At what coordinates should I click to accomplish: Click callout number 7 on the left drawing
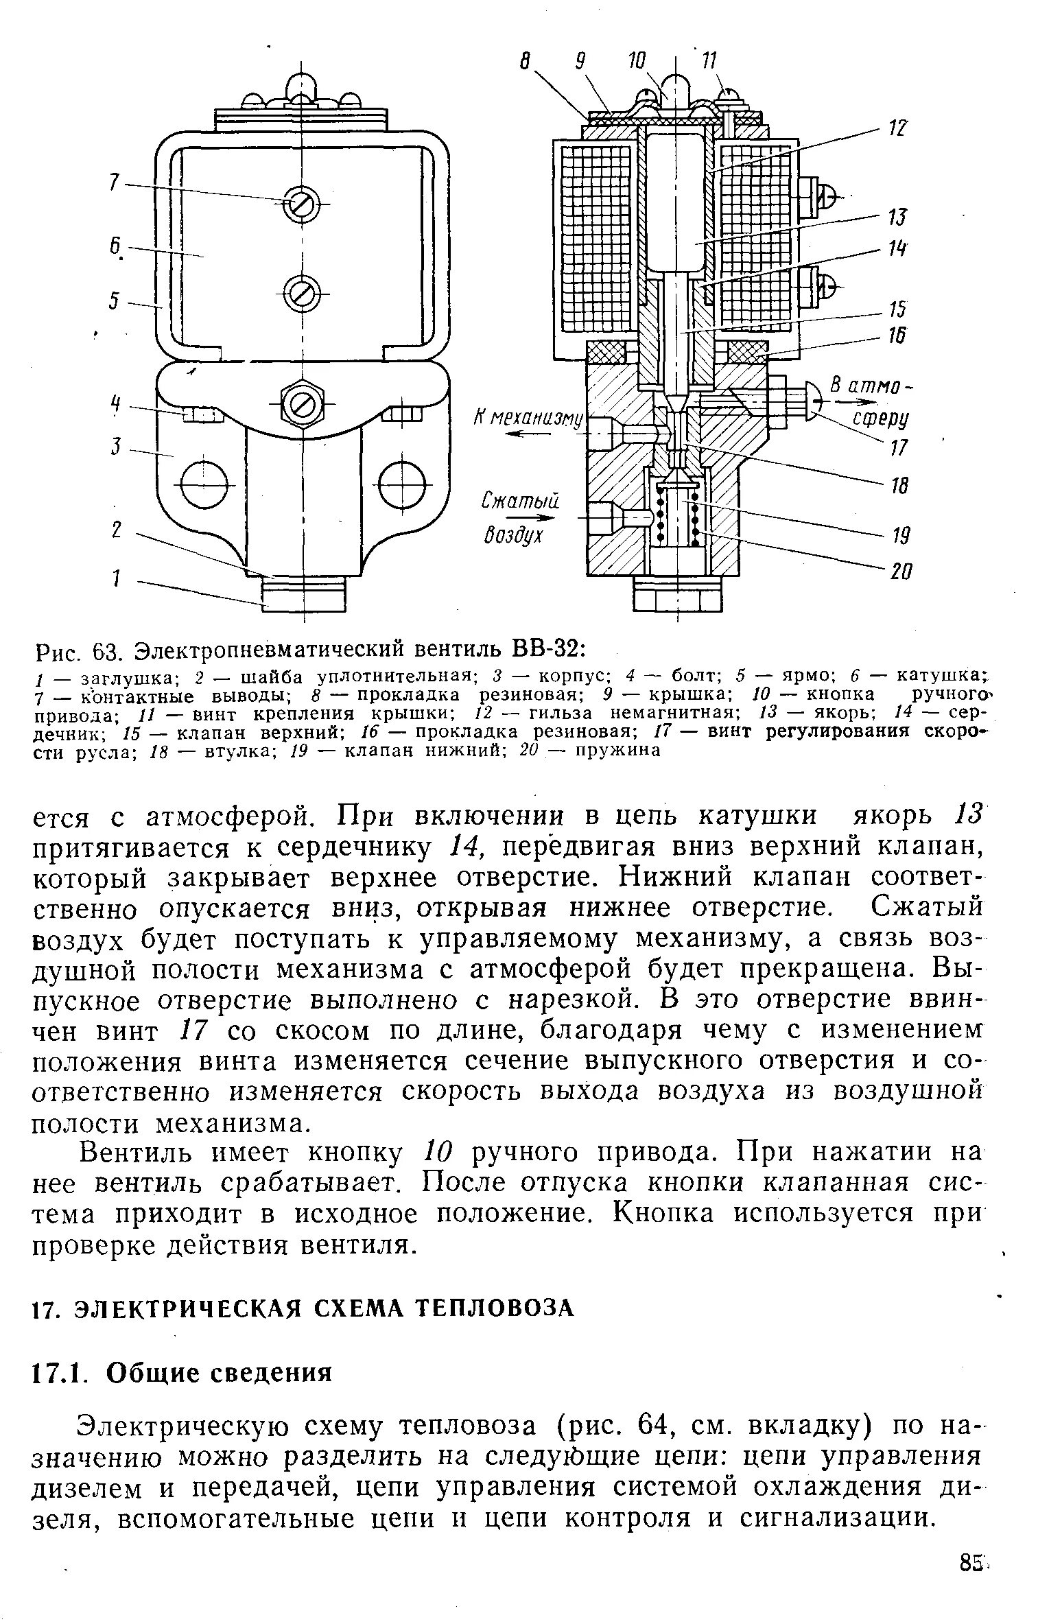115,182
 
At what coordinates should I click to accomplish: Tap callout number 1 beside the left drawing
117,579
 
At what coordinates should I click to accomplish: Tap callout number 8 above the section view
526,62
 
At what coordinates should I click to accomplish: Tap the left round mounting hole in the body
204,484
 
